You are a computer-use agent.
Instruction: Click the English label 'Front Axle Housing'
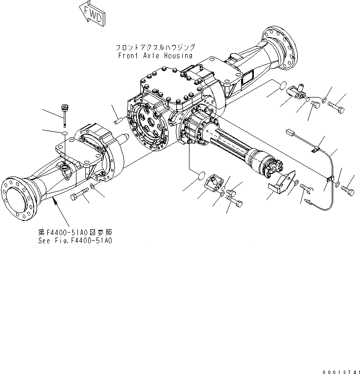[155, 56]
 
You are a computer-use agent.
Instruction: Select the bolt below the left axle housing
[80, 197]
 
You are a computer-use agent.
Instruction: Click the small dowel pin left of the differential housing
[120, 120]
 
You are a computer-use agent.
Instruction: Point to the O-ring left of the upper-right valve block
[279, 86]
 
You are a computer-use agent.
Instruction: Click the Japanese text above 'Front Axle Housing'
[155, 47]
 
